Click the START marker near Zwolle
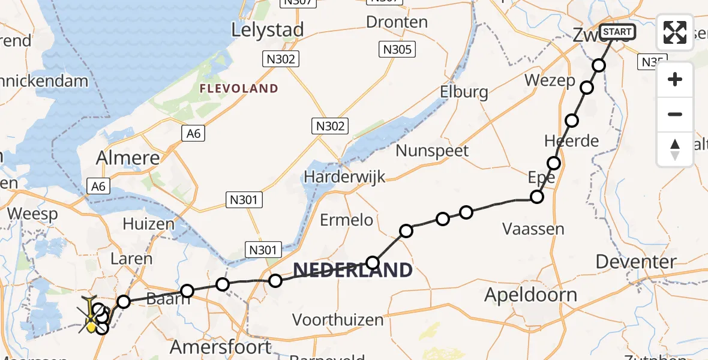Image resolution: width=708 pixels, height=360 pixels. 616,32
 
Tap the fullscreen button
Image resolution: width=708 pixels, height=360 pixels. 675,32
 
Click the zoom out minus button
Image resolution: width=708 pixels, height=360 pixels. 675,114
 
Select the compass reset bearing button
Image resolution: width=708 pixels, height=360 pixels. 675,149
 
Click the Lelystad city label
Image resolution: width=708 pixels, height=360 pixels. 268,29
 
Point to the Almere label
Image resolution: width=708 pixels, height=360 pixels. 128,159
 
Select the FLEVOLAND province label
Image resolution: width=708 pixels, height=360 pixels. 239,89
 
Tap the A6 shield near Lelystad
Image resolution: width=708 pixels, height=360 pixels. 193,134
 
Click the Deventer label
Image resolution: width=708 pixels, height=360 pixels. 636,262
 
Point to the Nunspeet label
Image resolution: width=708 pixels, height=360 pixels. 432,151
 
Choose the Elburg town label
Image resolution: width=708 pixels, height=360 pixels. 463,92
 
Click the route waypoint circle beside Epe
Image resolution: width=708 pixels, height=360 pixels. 538,197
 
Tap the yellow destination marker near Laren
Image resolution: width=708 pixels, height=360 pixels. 91,326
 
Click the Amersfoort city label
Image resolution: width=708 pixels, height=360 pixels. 220,347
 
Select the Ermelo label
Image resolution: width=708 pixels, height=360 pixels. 346,220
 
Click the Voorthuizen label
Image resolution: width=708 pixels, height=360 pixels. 337,320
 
